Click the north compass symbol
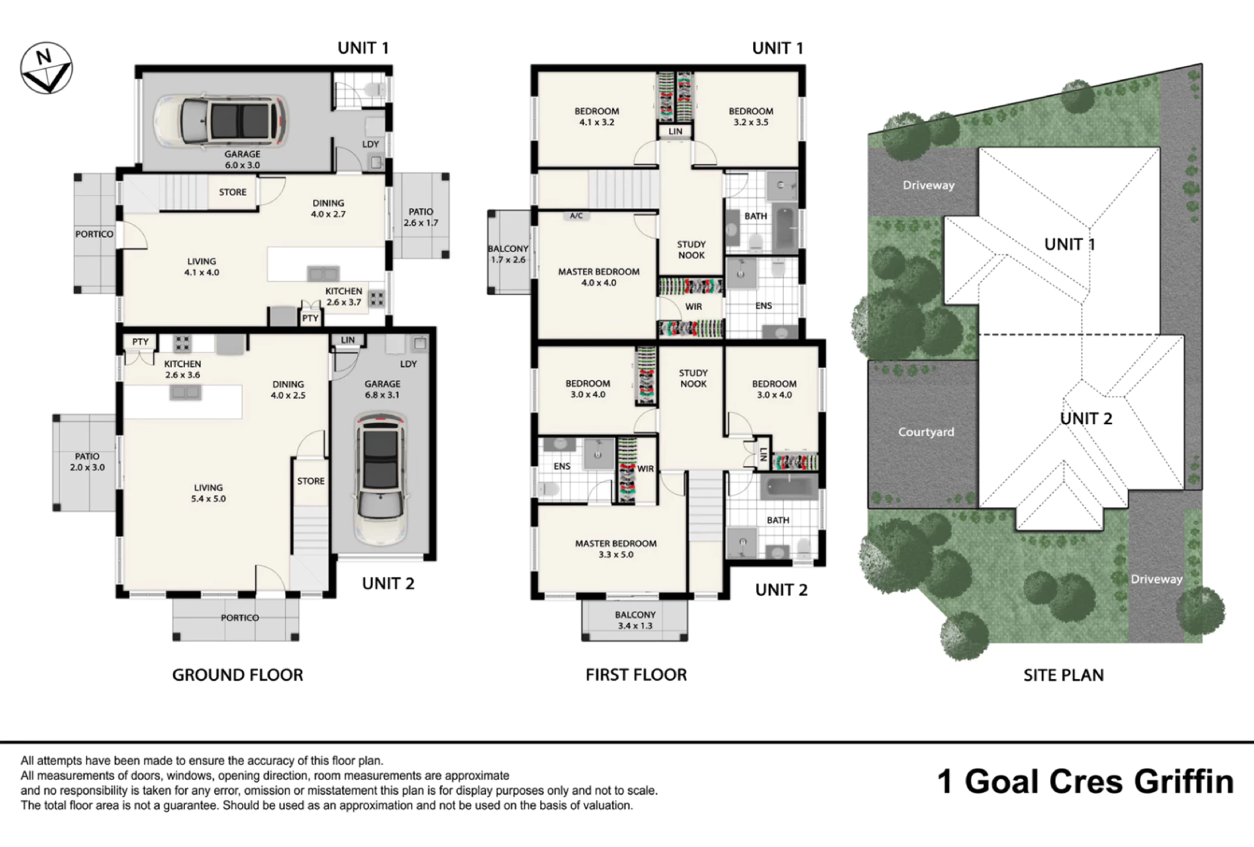(46, 68)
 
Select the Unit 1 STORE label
(233, 192)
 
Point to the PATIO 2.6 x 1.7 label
(421, 217)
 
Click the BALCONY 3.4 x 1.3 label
(635, 620)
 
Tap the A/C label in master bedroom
(576, 216)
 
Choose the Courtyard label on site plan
(925, 432)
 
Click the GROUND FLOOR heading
(238, 675)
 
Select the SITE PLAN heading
(1063, 675)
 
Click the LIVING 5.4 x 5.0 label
(208, 493)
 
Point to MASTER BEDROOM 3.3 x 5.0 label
(616, 549)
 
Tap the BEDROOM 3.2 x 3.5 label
(751, 116)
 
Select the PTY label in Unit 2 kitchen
(140, 342)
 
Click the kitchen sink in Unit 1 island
(323, 274)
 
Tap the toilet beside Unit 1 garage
(374, 90)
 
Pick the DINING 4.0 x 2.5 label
(288, 390)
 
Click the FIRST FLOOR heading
(636, 675)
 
